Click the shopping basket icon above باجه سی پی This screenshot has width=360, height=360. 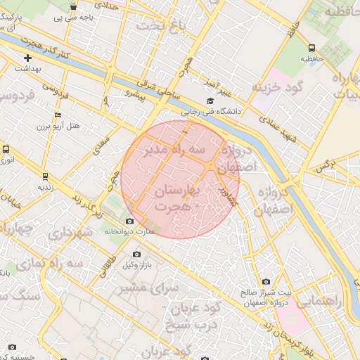click(x=74, y=7)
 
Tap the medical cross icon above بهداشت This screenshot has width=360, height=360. click(x=27, y=58)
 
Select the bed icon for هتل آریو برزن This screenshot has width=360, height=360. click(x=58, y=115)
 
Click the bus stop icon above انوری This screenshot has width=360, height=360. click(x=6, y=150)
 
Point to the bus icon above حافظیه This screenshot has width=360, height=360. click(x=311, y=48)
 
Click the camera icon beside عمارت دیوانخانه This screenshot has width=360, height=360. click(x=130, y=222)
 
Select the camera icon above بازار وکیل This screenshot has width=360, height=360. click(x=136, y=255)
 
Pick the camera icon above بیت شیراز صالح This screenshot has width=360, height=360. click(x=266, y=281)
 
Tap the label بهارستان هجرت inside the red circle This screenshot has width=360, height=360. click(x=173, y=198)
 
